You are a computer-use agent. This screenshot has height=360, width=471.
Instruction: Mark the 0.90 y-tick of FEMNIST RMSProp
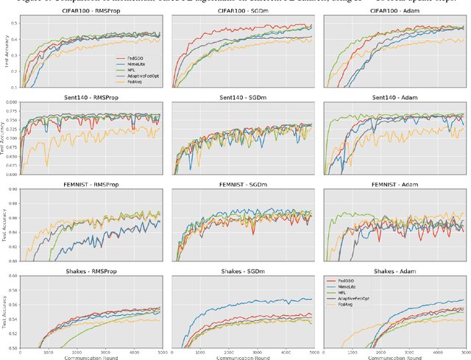[x=13, y=190]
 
